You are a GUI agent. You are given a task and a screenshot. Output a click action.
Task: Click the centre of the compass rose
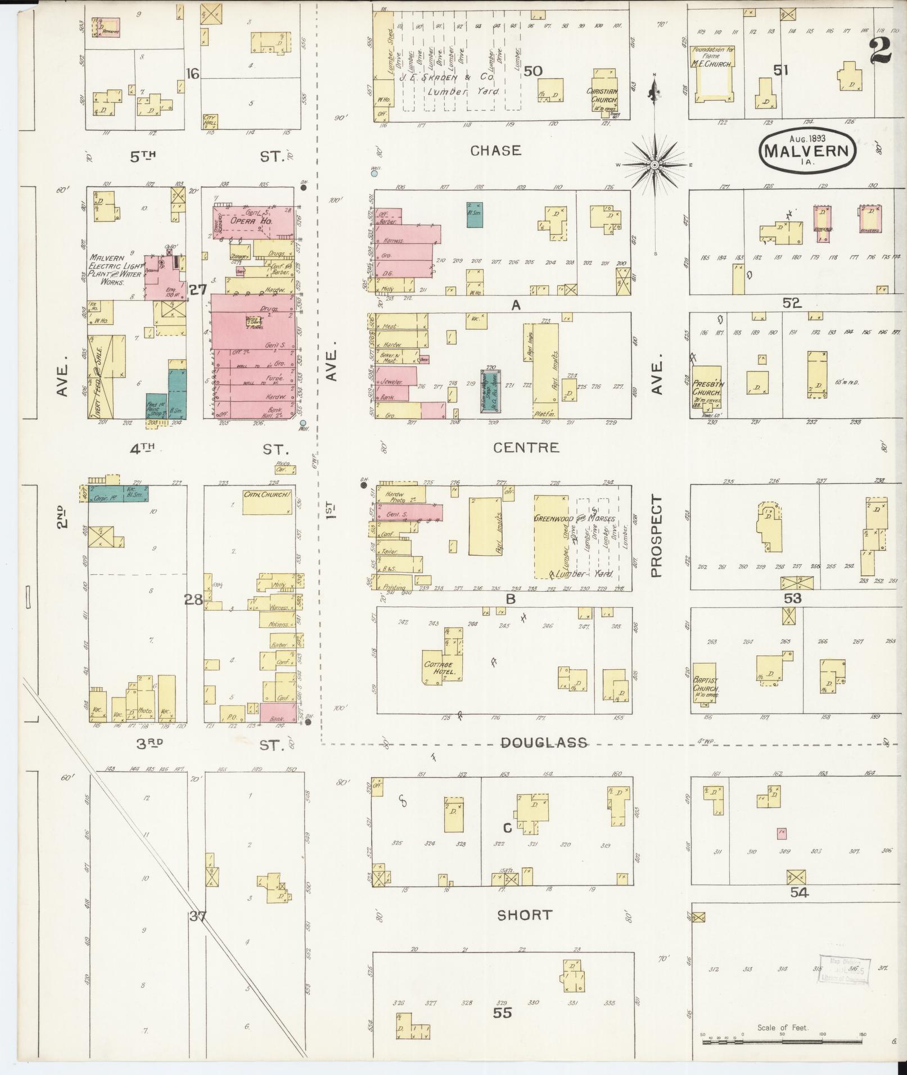coord(655,165)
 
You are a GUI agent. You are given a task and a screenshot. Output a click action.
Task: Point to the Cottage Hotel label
coord(443,668)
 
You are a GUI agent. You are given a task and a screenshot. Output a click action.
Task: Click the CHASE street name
coord(496,151)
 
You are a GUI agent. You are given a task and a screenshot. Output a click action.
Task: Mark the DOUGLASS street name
coord(544,743)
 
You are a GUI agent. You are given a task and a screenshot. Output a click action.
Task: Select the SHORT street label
coord(524,915)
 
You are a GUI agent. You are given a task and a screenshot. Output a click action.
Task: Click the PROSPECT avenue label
coord(656,536)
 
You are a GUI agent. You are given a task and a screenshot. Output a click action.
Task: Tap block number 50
coord(533,71)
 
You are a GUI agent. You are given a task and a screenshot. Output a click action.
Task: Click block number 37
coord(197,917)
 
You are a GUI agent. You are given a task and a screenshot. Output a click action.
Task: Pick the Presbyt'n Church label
coord(707,388)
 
